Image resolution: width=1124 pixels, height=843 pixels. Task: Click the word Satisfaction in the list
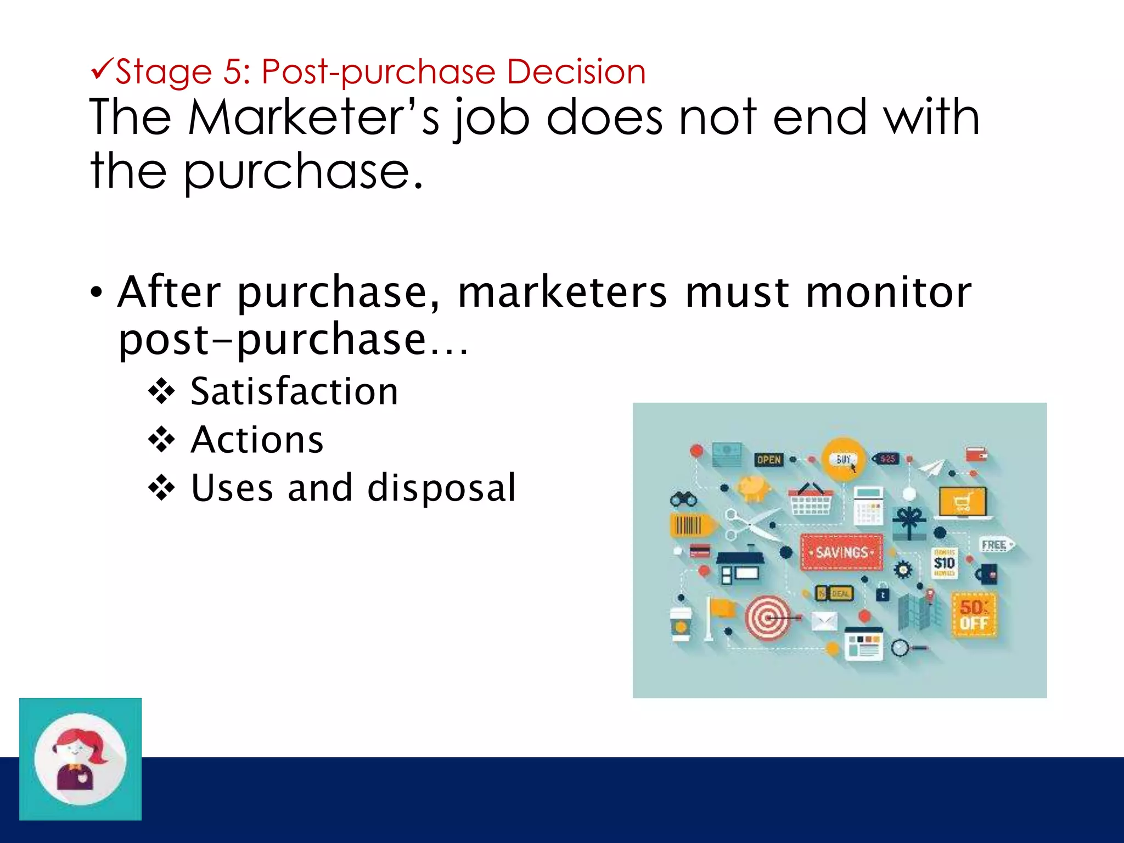294,392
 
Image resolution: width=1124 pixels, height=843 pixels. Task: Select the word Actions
257,440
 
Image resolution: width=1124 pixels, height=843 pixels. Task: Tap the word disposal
441,488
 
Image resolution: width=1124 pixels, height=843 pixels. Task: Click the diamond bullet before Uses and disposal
161,488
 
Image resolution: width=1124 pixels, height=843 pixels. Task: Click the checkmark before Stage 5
102,70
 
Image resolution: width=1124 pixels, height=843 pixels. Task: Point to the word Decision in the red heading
576,72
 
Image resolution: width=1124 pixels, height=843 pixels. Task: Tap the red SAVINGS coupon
841,552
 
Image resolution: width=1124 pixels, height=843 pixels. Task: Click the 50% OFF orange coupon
974,615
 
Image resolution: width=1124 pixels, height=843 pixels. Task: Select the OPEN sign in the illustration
768,459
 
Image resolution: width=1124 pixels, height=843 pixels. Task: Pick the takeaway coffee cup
681,623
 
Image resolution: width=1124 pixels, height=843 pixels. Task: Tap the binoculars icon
683,499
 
